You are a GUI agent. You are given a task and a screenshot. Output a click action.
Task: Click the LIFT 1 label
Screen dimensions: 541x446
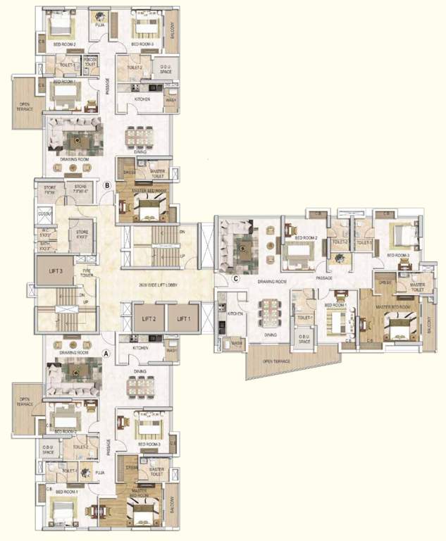(184, 319)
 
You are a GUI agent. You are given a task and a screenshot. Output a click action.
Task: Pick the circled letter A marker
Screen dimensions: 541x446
(106, 354)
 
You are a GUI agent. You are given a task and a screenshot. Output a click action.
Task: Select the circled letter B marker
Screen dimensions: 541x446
(107, 186)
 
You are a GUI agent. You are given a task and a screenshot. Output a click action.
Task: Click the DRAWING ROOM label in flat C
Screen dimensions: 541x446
(271, 281)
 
